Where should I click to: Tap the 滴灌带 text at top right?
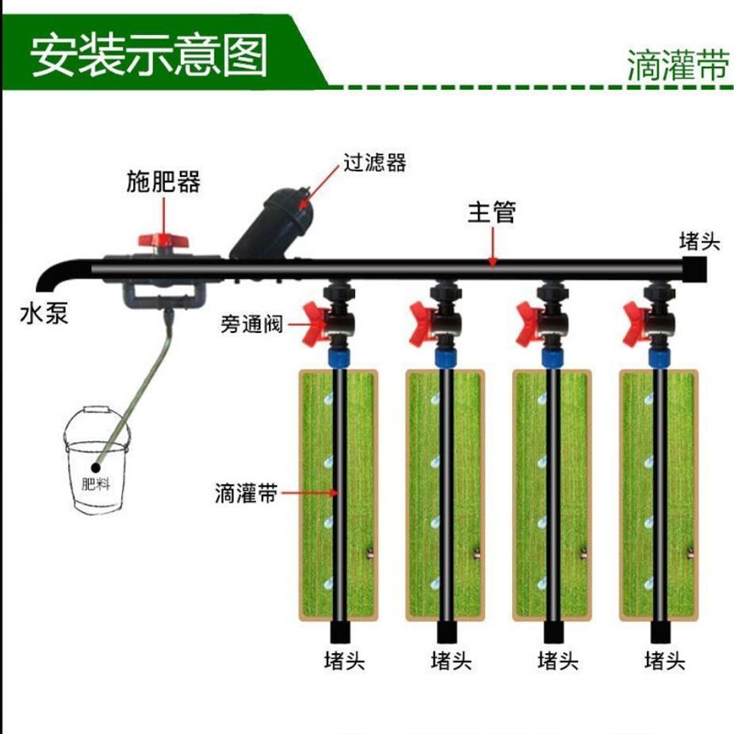click(x=679, y=67)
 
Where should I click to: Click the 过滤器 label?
click(x=374, y=163)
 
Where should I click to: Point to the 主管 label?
click(x=492, y=213)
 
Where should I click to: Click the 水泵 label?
click(x=43, y=315)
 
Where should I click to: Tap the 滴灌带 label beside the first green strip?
click(x=245, y=493)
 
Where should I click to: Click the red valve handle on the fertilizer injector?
click(x=162, y=240)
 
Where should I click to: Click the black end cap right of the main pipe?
click(x=695, y=267)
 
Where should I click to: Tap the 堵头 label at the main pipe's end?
click(x=700, y=241)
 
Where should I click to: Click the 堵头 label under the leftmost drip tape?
click(x=345, y=660)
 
